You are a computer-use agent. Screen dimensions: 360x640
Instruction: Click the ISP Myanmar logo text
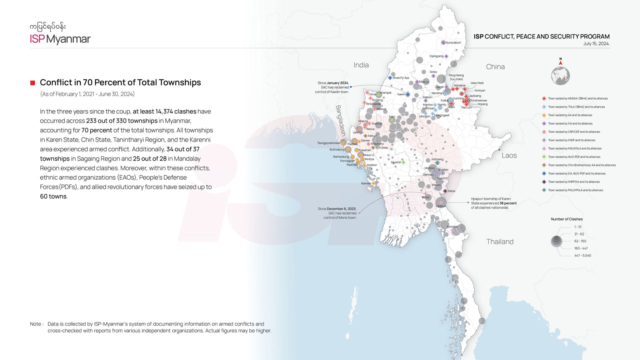pos(60,39)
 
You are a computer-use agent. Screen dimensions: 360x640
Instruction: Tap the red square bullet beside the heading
pos(32,83)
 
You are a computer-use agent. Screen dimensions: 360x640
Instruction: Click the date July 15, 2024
pos(596,44)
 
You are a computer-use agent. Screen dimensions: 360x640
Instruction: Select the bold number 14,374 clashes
pos(164,112)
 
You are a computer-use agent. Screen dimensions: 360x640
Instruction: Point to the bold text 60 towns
pos(53,197)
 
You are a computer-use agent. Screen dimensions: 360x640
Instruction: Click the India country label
pos(361,65)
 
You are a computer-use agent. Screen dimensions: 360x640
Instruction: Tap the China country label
pos(495,67)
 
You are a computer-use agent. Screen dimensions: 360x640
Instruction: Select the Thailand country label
pos(500,242)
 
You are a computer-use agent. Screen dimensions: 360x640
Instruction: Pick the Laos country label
pos(509,156)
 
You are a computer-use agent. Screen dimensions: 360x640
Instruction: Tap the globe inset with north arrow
pos(560,75)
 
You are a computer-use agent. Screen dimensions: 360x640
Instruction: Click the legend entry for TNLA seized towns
pos(576,107)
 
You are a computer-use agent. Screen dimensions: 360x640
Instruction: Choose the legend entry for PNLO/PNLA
pos(575,190)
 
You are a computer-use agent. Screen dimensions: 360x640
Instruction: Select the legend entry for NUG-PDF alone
pos(574,157)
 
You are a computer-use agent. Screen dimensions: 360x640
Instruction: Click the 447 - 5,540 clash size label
pos(582,256)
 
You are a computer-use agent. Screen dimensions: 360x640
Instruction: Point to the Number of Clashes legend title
pos(567,219)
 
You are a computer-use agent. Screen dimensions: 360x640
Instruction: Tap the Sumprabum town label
pos(453,43)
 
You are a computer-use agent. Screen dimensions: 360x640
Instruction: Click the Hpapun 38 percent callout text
pos(493,203)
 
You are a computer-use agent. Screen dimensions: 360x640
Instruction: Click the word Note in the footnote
pos(36,324)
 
